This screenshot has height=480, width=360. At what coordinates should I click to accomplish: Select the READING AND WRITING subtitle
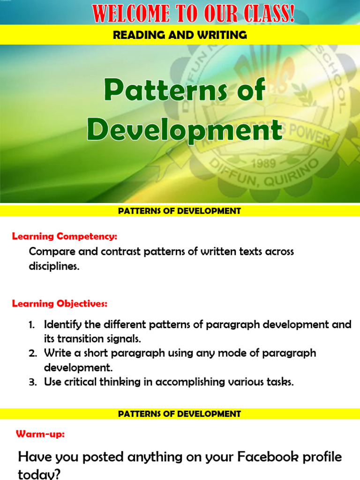click(x=180, y=35)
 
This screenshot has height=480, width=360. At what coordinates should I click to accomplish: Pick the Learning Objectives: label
click(x=60, y=304)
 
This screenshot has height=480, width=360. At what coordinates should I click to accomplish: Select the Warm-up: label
click(x=40, y=434)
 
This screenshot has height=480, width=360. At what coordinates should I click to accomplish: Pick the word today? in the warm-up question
click(x=39, y=474)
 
